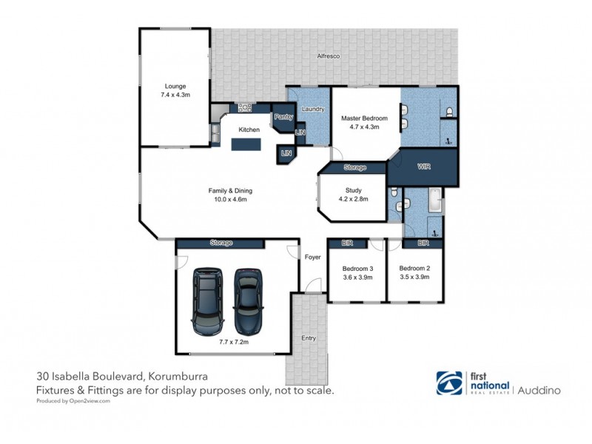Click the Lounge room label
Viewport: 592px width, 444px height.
pyautogui.click(x=175, y=86)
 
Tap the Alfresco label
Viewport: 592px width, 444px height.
pyautogui.click(x=328, y=56)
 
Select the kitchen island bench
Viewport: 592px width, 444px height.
pyautogui.click(x=248, y=144)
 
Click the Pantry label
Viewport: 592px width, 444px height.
pyautogui.click(x=283, y=117)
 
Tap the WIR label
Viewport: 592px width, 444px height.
pyautogui.click(x=424, y=166)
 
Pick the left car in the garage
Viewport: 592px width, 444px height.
pyautogui.click(x=206, y=300)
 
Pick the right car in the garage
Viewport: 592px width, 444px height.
pyautogui.click(x=249, y=300)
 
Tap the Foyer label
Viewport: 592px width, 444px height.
pyautogui.click(x=312, y=257)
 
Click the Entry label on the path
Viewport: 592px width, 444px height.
pyautogui.click(x=308, y=338)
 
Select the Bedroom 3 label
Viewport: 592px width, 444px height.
pyautogui.click(x=357, y=268)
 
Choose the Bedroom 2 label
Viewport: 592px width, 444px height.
pyautogui.click(x=414, y=268)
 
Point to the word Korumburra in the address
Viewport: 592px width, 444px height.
pyautogui.click(x=177, y=375)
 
